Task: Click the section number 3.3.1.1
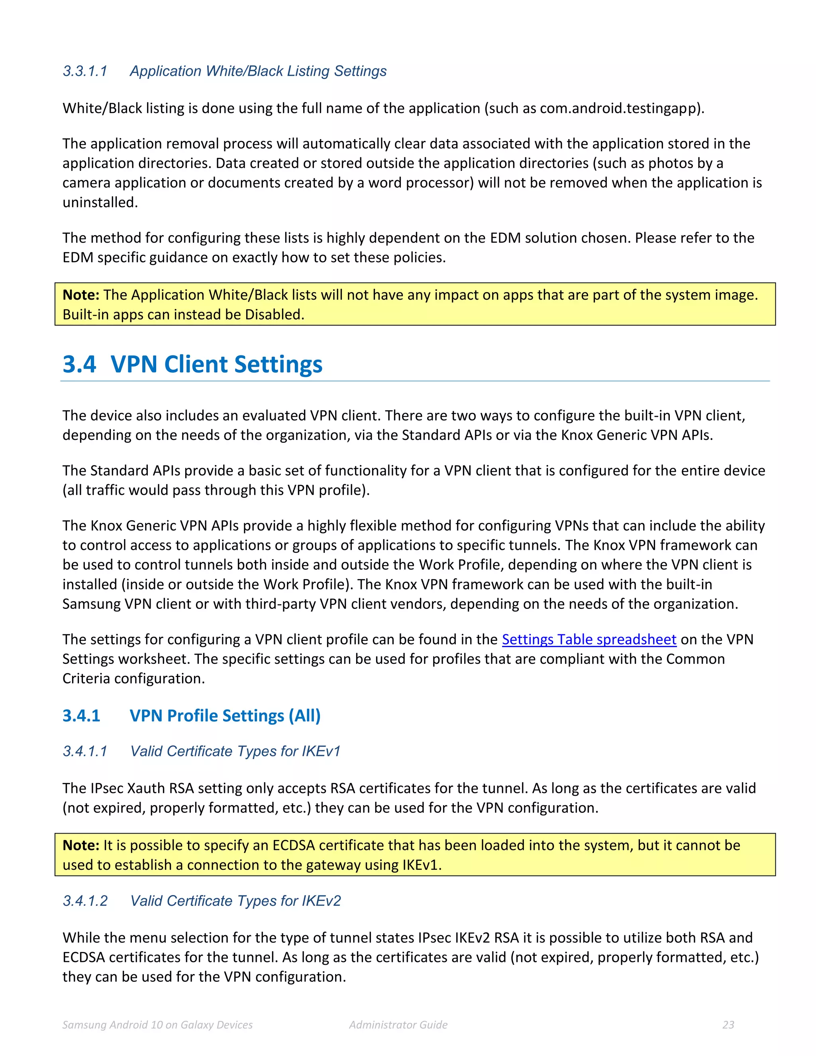tap(85, 71)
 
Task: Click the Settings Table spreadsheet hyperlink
tap(588, 639)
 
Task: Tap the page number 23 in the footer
tap(728, 1025)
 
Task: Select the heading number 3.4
tap(79, 364)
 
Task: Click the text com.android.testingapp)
tap(622, 108)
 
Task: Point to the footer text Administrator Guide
tap(398, 1025)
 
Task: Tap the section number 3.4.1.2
tap(85, 901)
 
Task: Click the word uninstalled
tap(100, 202)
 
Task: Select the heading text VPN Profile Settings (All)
tap(225, 716)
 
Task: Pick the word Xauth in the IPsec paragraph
tap(145, 788)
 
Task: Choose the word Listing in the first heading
tap(308, 71)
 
